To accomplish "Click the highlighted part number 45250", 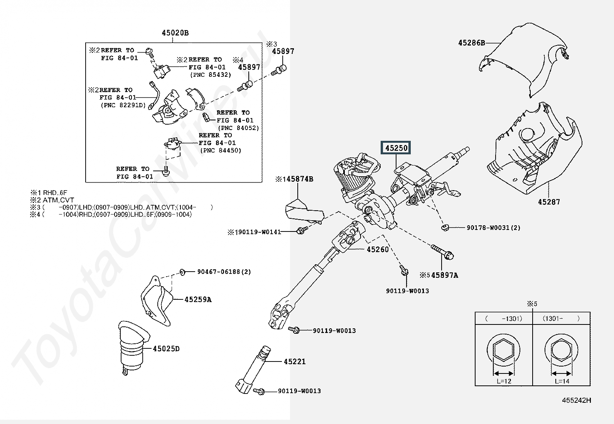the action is coord(396,148).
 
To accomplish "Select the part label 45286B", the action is coord(471,43).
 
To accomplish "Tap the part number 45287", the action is coord(549,202).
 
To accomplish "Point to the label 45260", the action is coord(378,249).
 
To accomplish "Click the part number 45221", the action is coord(295,361).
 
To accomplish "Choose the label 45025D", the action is coord(166,349).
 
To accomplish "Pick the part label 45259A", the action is coord(198,299).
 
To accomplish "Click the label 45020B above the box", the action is coord(175,33).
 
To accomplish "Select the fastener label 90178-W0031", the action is coord(488,228).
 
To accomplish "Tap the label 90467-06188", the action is coord(218,272).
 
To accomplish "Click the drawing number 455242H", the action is coord(577,400).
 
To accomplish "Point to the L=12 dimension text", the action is coord(504,381).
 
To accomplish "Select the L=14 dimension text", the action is coord(562,381).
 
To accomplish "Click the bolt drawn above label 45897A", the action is coord(442,252).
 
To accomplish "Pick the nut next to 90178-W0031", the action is coord(445,227).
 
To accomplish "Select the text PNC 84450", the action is coord(221,150).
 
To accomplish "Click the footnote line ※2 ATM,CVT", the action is coord(52,200).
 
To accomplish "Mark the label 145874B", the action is coord(294,179).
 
